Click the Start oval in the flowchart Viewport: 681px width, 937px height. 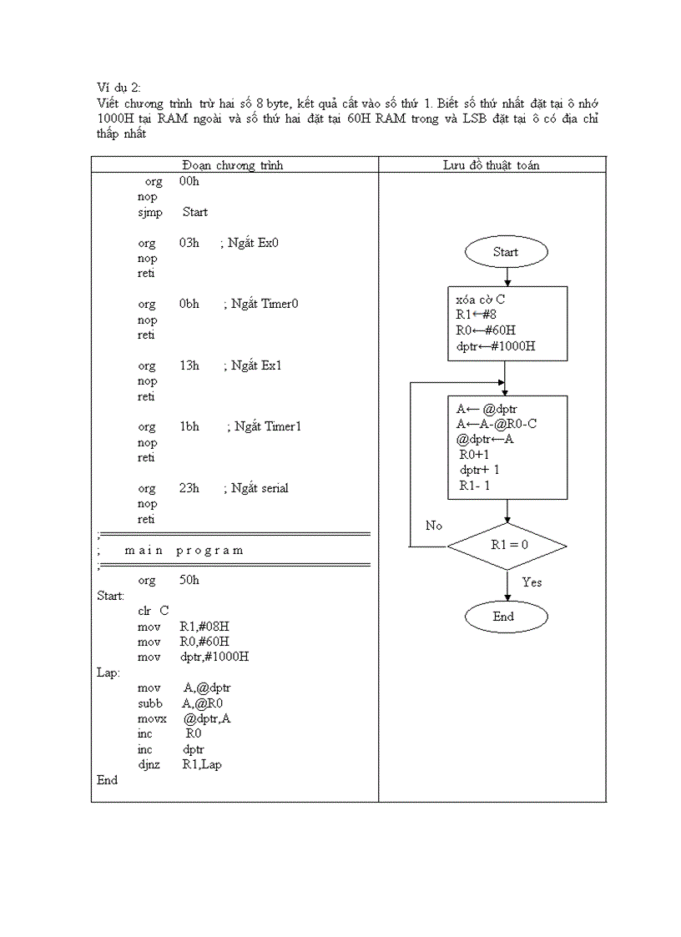[x=506, y=252]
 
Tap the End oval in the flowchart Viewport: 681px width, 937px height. [x=506, y=617]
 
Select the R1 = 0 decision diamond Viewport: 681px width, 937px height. [x=507, y=547]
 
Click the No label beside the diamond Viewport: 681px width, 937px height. [x=434, y=526]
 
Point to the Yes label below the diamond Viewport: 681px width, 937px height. [x=532, y=582]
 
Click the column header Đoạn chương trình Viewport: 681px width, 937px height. [x=233, y=165]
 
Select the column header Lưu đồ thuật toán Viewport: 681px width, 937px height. [x=491, y=165]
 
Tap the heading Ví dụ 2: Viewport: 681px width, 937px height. [x=119, y=88]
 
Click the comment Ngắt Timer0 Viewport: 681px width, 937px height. [x=264, y=304]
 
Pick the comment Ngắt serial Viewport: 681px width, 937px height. [x=260, y=488]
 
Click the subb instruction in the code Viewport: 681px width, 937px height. [x=149, y=703]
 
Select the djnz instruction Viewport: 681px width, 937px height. [x=149, y=764]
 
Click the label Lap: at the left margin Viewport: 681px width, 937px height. [x=108, y=673]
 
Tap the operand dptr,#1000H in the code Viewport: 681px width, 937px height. [x=214, y=657]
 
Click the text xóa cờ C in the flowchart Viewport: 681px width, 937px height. [x=480, y=300]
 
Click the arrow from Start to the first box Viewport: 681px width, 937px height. [x=507, y=277]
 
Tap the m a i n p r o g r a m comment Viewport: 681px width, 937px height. [x=184, y=550]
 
